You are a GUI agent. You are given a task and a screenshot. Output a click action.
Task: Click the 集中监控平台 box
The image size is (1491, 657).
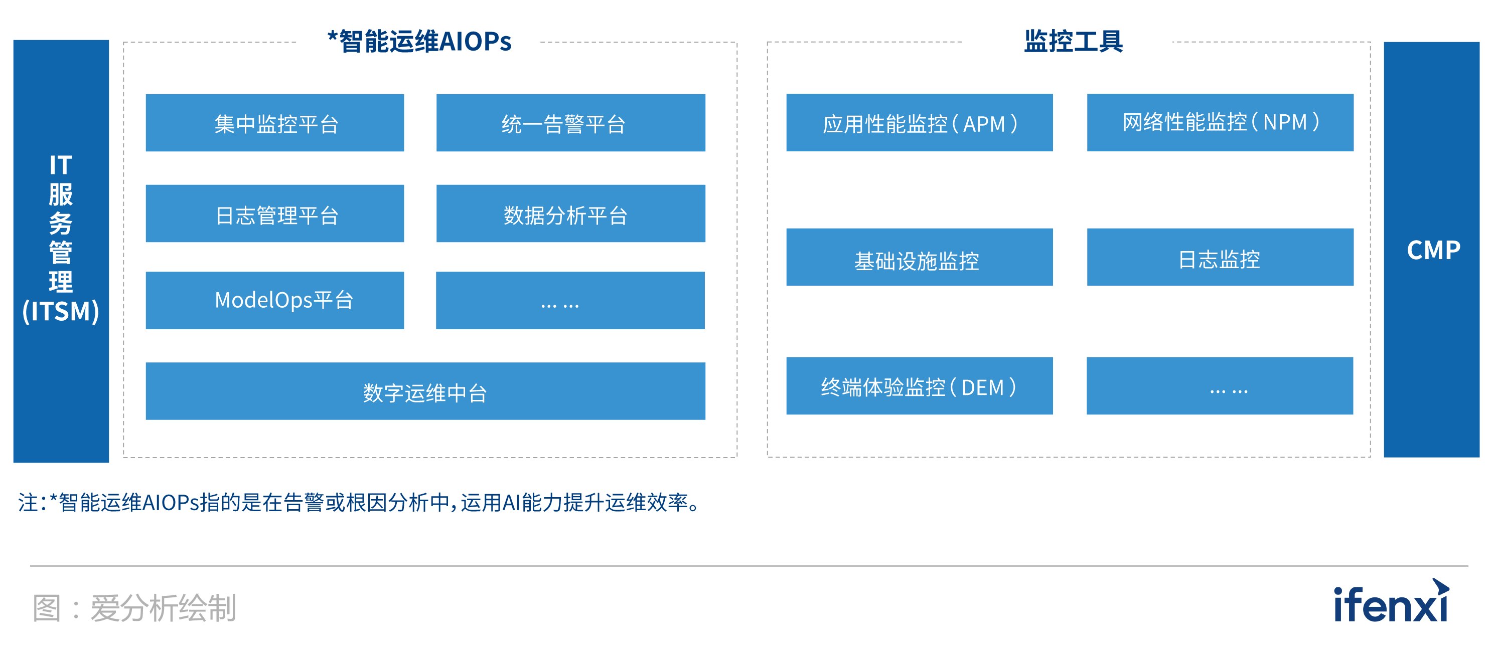[x=275, y=123]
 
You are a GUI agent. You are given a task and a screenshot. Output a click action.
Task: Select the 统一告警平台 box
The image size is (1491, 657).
[x=571, y=123]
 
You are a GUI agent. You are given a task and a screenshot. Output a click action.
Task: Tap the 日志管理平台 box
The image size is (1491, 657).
[x=275, y=213]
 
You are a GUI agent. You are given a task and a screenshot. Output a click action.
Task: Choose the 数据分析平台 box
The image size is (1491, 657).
[x=571, y=213]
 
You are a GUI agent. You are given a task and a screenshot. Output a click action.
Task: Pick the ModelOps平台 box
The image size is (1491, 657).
[x=275, y=300]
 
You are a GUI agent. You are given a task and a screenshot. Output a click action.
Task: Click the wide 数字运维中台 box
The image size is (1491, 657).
[x=425, y=391]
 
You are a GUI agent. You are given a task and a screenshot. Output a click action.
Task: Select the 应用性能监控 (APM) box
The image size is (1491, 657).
[x=920, y=123]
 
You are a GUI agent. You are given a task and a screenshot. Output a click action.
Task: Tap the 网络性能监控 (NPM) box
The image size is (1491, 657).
[x=1220, y=123]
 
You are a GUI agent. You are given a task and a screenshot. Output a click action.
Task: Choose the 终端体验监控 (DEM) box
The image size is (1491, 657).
[x=920, y=386]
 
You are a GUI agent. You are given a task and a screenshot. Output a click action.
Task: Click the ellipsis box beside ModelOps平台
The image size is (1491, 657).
[x=570, y=300]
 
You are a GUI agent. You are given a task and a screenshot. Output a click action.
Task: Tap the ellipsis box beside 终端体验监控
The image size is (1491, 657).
[x=1220, y=386]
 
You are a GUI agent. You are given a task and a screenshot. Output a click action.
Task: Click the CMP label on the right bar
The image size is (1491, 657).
[x=1434, y=251]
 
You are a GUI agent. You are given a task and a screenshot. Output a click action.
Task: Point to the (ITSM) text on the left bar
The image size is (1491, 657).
[x=61, y=311]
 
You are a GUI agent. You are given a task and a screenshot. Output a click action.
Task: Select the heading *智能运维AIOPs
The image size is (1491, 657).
[x=419, y=42]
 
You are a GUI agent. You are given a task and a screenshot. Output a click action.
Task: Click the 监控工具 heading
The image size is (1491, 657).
[x=1074, y=42]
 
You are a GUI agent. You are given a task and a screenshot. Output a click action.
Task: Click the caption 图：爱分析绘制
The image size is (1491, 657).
[x=134, y=608]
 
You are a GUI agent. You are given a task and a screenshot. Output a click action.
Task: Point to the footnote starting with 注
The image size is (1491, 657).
[x=360, y=502]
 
